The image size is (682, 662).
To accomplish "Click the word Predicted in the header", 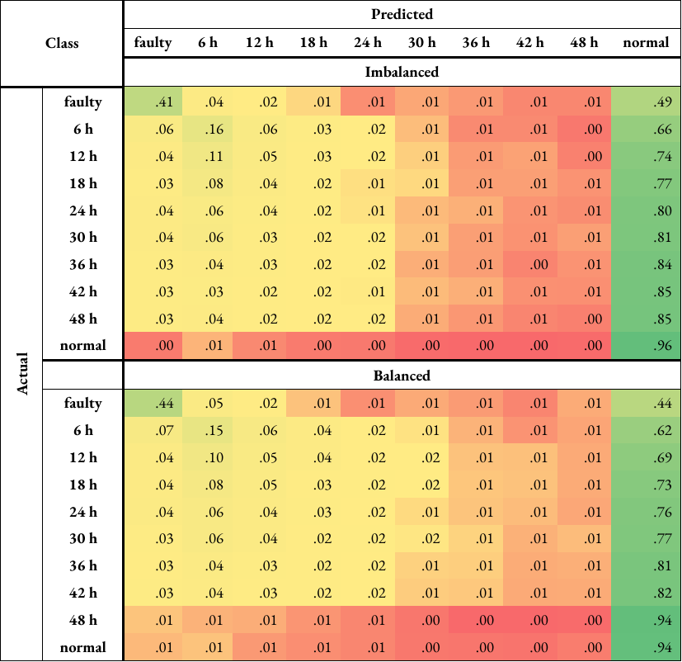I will (x=402, y=14).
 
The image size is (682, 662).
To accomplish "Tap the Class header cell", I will (x=62, y=42).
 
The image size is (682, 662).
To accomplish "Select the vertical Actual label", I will (x=22, y=374).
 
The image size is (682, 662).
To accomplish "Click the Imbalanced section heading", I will (x=402, y=72).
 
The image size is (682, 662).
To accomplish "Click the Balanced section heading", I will (x=402, y=376).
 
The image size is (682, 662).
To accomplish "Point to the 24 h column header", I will (x=368, y=43).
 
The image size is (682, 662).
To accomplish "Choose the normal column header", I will (x=646, y=43).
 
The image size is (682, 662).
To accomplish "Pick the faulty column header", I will (x=153, y=43).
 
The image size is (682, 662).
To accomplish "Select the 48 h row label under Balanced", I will (x=82, y=620).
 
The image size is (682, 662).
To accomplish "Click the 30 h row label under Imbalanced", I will (x=82, y=238).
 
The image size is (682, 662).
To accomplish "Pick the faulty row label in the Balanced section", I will (x=82, y=404).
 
